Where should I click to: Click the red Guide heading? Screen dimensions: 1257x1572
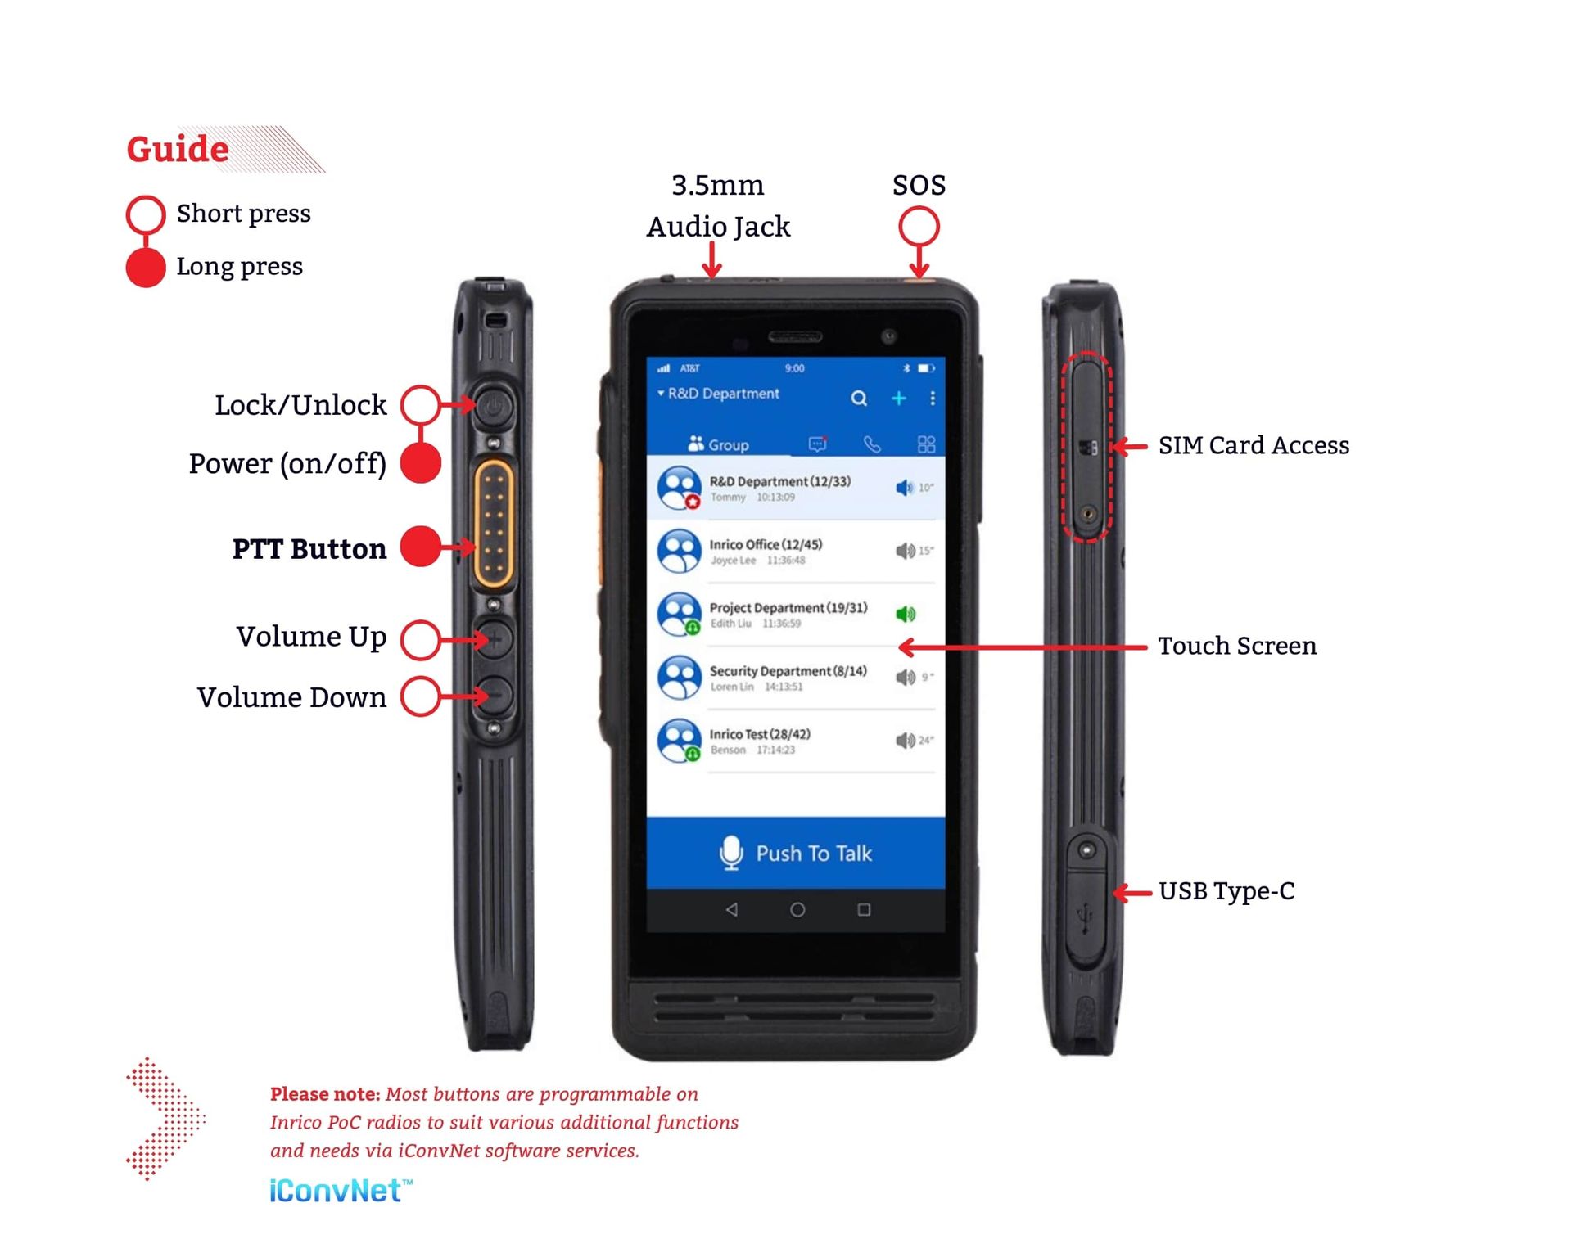point(178,150)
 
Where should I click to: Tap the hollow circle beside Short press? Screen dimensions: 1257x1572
point(146,214)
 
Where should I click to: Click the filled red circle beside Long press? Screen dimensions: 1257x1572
point(146,268)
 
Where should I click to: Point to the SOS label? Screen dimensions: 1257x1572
point(919,186)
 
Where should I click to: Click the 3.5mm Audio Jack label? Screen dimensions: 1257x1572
point(718,206)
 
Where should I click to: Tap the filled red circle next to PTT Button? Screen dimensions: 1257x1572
point(421,547)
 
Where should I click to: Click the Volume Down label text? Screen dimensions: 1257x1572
point(291,698)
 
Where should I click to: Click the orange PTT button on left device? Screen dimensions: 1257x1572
point(494,524)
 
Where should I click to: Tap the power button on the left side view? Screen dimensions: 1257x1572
point(495,406)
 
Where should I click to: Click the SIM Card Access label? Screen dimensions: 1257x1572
point(1254,446)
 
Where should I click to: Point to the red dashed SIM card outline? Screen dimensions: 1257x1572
point(1087,447)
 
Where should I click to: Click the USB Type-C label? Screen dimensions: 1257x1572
point(1226,891)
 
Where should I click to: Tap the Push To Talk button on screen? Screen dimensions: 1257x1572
point(796,854)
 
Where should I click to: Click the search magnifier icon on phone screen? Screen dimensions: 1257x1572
point(859,399)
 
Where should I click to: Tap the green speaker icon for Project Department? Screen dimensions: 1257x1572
point(905,615)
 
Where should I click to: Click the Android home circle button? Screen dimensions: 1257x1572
point(797,910)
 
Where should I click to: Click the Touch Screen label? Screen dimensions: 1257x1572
point(1237,647)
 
